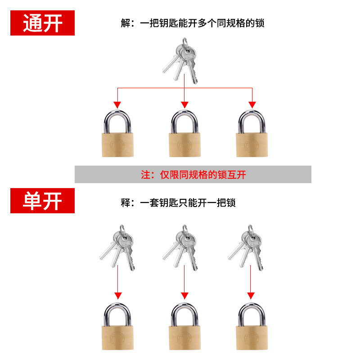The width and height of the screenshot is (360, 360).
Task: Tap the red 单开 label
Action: point(42,201)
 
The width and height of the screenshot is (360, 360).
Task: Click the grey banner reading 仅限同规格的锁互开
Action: point(193,174)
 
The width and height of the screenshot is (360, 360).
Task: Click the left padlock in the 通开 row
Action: point(117,135)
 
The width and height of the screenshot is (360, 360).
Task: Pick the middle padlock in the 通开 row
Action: point(184,135)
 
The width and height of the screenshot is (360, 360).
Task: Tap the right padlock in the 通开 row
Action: point(252,135)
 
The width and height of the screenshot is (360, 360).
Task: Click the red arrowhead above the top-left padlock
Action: point(117,104)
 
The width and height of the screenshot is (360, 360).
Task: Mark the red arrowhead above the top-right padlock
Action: point(252,104)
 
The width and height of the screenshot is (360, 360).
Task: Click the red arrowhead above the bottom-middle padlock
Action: point(184,296)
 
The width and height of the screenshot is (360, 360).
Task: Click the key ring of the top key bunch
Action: point(185,44)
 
